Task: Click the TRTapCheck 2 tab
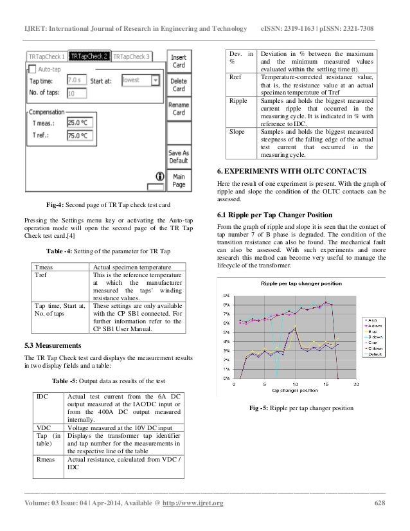point(89,57)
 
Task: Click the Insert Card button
point(179,61)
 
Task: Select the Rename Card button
point(179,107)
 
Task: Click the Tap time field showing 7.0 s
point(78,81)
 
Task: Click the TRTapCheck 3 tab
point(131,57)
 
